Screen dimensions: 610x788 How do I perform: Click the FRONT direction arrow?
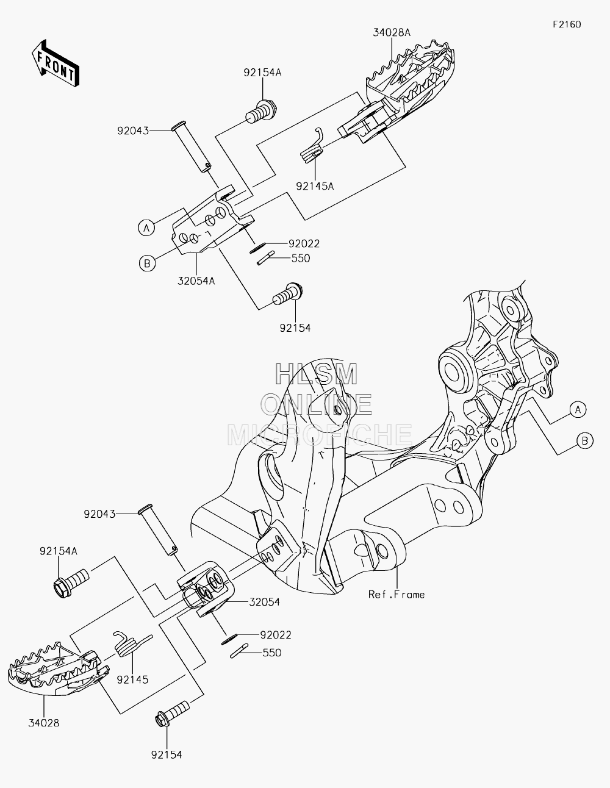click(x=56, y=63)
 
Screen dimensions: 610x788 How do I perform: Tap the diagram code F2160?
click(x=567, y=24)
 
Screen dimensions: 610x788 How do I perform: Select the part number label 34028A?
click(x=392, y=33)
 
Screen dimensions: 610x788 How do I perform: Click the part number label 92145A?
click(x=315, y=186)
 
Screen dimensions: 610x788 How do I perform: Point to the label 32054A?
click(x=196, y=281)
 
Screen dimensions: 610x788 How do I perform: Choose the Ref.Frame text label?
click(x=396, y=594)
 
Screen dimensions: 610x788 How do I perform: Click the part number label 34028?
click(x=43, y=723)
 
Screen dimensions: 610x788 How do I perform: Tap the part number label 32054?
click(x=264, y=602)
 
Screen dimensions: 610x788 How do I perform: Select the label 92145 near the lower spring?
click(x=132, y=679)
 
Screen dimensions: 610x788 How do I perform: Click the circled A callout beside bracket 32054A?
click(x=146, y=227)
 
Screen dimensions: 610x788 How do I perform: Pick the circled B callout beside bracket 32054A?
click(x=147, y=263)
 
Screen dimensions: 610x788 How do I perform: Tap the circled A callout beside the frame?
click(x=578, y=409)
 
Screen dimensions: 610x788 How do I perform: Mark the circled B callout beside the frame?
click(x=584, y=441)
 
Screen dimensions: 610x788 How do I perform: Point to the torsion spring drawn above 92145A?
click(x=312, y=146)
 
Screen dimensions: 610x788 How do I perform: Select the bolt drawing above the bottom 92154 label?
click(x=172, y=712)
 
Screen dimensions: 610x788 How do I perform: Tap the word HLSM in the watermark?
click(x=316, y=374)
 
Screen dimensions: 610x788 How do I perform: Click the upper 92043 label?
click(x=133, y=131)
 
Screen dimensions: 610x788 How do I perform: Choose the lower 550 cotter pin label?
click(x=271, y=653)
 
